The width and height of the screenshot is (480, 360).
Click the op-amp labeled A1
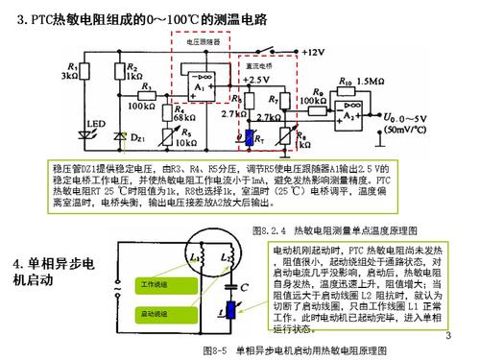tap(200, 84)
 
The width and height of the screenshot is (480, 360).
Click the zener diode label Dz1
tap(138, 140)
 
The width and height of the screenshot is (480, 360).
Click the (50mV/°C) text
tap(409, 127)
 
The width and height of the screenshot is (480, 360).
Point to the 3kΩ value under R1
tap(69, 74)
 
